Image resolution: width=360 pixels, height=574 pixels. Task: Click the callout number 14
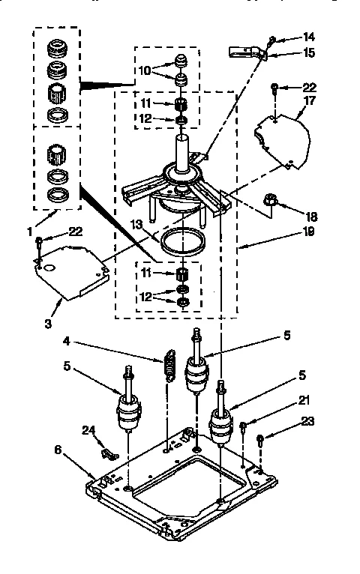(309, 36)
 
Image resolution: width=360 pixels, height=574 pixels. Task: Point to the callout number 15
(309, 53)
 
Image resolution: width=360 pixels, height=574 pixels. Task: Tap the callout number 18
(310, 216)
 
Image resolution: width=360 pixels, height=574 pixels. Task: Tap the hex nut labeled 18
(271, 200)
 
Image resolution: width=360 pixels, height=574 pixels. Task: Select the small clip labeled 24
(109, 453)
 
